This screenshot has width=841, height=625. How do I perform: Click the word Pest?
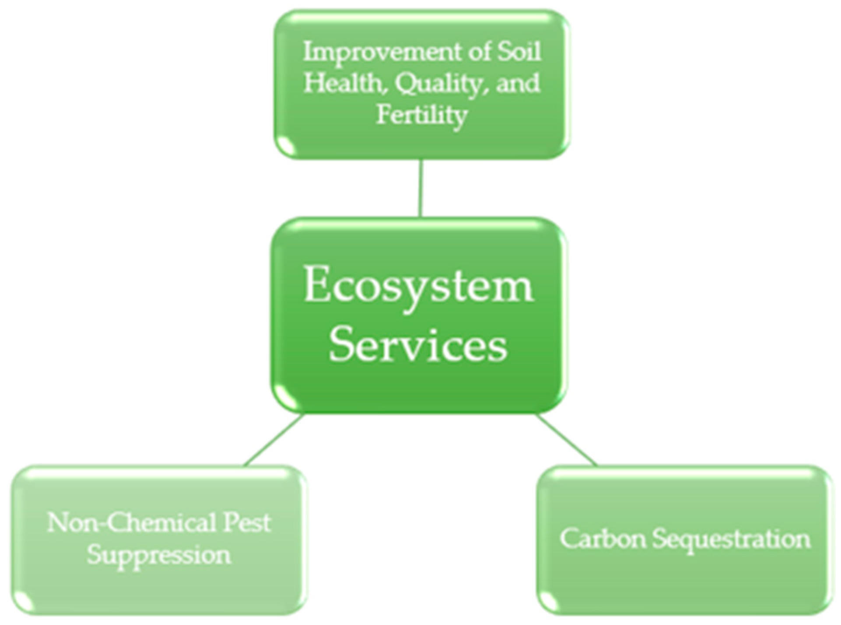pyautogui.click(x=247, y=523)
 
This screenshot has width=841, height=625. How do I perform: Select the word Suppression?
pyautogui.click(x=158, y=555)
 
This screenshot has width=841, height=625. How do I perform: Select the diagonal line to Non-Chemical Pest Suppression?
pyautogui.click(x=274, y=439)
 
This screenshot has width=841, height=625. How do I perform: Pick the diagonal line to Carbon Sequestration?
pyautogui.click(x=565, y=439)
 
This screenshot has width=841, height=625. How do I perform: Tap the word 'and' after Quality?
pyautogui.click(x=518, y=83)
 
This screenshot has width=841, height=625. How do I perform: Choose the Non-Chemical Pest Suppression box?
pyautogui.click(x=158, y=586)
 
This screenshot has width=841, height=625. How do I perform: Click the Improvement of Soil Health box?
pyautogui.click(x=421, y=140)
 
